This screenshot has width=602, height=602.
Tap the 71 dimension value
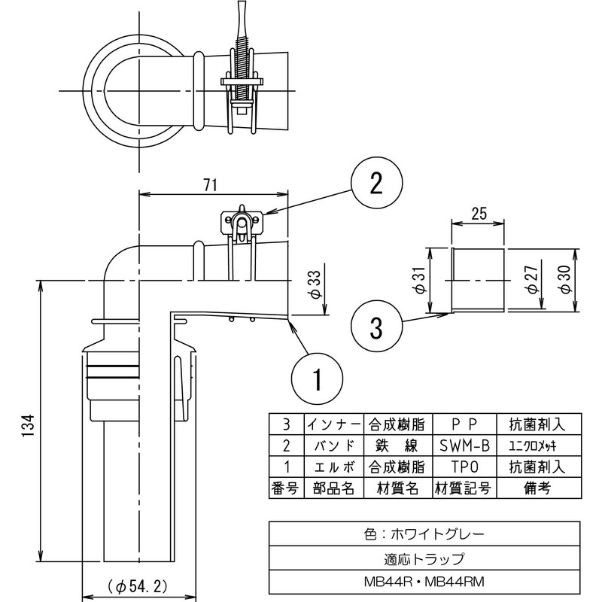(x=212, y=184)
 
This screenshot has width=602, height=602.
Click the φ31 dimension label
(x=418, y=280)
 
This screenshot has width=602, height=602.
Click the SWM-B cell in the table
(x=463, y=444)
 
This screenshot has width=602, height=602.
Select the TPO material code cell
(x=463, y=466)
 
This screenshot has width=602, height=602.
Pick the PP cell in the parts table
(x=463, y=422)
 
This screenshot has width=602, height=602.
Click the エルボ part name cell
(x=333, y=466)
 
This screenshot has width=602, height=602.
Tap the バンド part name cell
(x=333, y=444)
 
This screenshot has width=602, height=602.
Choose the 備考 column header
(x=537, y=488)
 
